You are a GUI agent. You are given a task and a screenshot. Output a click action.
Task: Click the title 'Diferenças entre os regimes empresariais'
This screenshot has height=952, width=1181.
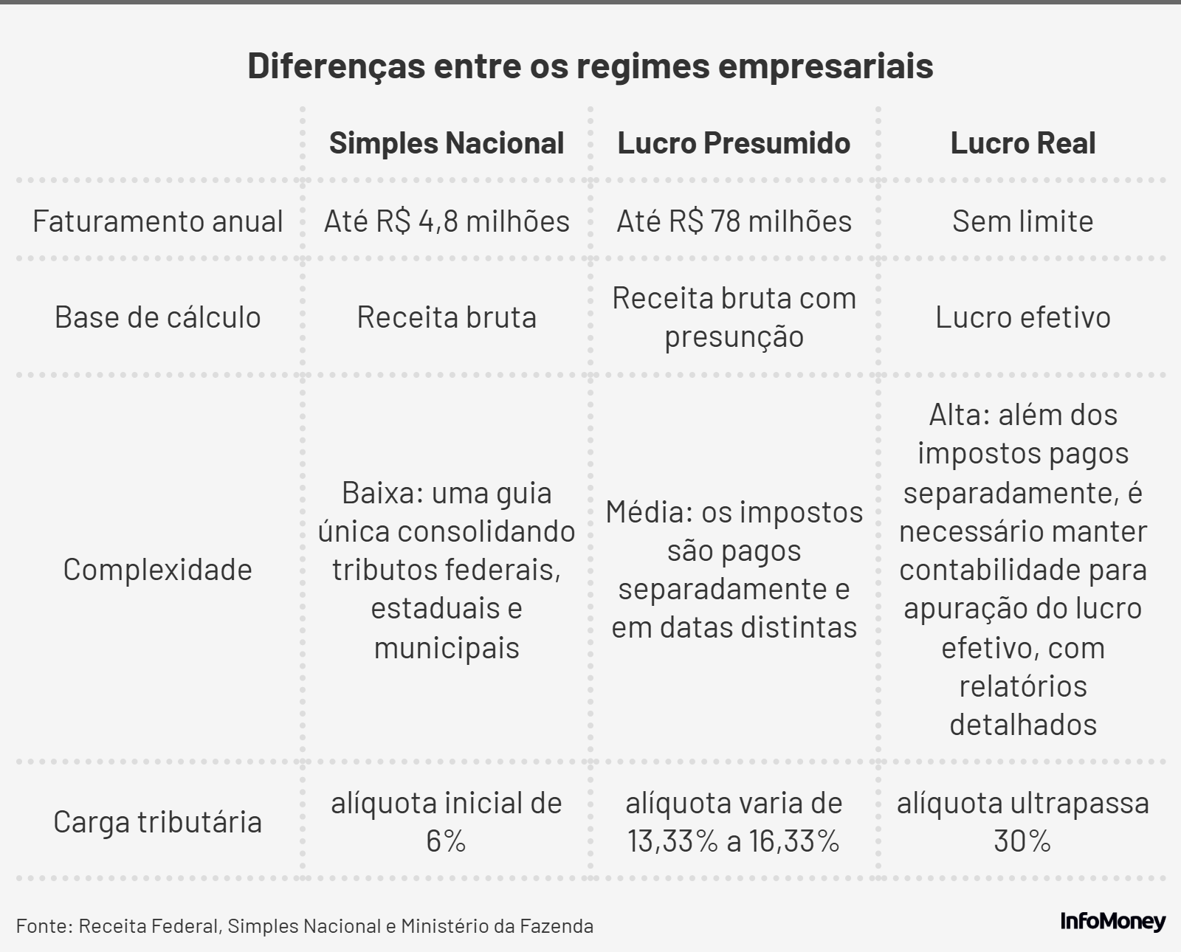590,66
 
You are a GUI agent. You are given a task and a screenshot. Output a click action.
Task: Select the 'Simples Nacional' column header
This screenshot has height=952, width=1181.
447,143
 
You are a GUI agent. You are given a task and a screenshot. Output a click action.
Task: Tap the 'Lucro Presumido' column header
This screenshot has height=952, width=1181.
734,143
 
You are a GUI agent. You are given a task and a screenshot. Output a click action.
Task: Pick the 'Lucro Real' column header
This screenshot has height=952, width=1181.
1022,143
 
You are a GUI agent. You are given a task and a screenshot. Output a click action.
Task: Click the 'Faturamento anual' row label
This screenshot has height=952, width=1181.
157,221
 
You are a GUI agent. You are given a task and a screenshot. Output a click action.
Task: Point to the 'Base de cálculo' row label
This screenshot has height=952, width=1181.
157,317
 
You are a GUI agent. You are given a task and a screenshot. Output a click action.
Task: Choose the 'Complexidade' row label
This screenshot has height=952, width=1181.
157,570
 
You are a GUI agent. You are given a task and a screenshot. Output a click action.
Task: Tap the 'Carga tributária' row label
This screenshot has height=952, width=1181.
157,822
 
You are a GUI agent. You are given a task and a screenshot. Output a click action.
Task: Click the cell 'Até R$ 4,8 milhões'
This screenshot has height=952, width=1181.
447,221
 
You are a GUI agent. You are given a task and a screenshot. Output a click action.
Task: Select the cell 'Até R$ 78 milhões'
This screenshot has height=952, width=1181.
734,221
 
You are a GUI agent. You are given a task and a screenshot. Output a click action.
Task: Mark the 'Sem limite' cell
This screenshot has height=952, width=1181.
1022,221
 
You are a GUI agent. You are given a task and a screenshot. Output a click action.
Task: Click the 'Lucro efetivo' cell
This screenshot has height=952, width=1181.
1022,317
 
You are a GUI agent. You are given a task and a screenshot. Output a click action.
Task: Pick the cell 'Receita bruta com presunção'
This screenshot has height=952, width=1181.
734,317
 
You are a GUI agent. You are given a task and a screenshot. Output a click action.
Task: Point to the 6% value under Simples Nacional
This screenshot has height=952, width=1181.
446,841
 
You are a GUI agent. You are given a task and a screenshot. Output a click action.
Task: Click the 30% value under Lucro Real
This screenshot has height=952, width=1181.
1022,841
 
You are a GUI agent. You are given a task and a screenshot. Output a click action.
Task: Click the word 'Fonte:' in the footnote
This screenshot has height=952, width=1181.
44,926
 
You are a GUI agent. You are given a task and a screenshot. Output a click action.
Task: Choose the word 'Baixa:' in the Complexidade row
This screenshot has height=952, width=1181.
381,493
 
